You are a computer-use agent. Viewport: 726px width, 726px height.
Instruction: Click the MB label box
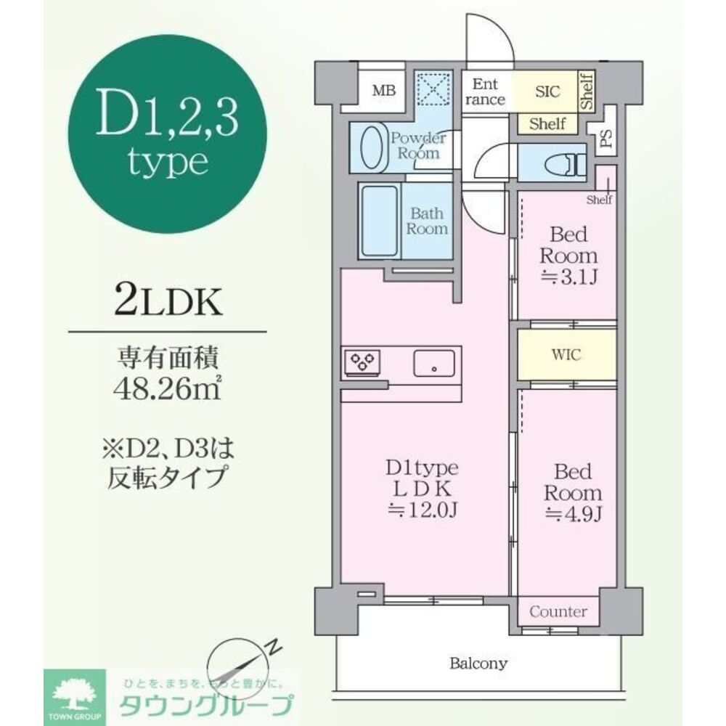pos(383,91)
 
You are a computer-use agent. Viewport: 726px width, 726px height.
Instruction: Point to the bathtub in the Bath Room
pos(379,220)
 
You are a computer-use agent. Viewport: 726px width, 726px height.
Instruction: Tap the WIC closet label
pos(566,356)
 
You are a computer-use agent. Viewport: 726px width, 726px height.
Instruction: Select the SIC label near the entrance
pos(547,92)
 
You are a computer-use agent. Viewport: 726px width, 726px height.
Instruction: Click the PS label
pos(605,139)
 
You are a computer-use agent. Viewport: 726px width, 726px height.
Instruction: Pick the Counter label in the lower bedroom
pos(558,611)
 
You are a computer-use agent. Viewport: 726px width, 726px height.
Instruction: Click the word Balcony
pos(478,663)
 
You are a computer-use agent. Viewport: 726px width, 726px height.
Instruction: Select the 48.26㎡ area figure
pos(168,384)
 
